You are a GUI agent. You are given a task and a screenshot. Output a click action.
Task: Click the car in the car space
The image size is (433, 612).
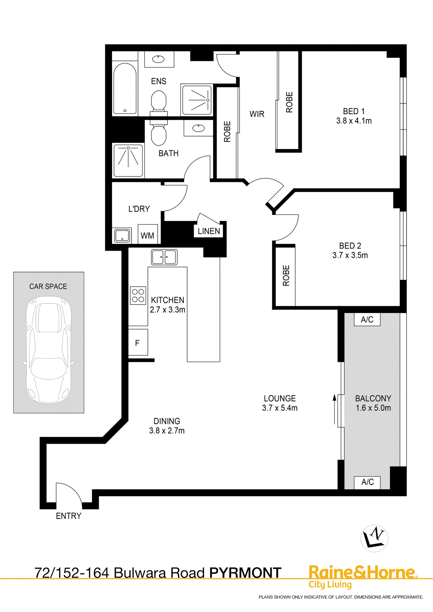click(x=49, y=350)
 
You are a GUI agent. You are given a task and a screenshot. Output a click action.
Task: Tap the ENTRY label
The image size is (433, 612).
click(x=69, y=516)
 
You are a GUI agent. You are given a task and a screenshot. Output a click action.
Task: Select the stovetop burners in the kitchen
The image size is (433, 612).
click(x=138, y=295)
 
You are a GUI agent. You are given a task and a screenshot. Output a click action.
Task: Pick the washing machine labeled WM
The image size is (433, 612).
click(x=147, y=234)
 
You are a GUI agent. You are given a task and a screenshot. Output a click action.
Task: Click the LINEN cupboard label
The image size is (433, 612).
click(x=209, y=231)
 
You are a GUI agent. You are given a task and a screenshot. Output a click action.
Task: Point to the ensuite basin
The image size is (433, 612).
click(x=158, y=59)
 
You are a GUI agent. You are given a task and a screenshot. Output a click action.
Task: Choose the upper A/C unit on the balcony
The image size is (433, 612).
click(x=367, y=319)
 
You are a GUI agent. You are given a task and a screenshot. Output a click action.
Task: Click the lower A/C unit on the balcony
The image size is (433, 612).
click(x=367, y=482)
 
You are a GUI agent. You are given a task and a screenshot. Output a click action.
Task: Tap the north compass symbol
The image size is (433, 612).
click(x=374, y=538)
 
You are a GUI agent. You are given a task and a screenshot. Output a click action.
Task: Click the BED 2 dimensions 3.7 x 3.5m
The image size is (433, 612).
click(x=350, y=255)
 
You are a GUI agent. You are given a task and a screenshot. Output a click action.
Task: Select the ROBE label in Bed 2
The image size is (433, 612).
click(x=286, y=275)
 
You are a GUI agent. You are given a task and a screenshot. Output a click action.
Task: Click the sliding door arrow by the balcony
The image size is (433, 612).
click(x=335, y=409)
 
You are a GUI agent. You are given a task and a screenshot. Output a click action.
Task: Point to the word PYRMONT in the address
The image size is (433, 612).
click(x=246, y=573)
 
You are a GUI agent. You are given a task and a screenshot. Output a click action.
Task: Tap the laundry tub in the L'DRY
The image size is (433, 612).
click(x=122, y=236)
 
